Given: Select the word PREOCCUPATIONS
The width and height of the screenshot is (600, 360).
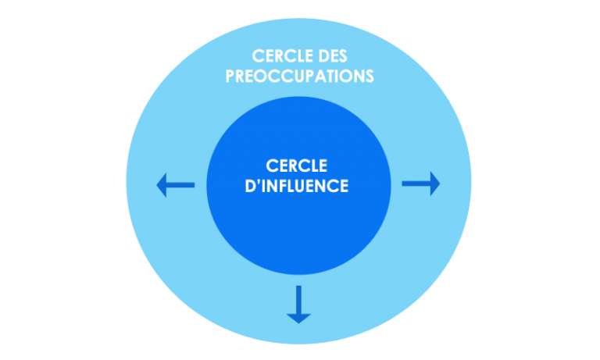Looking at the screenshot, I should click(x=299, y=77).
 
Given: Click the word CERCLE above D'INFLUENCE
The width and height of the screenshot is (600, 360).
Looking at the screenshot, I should click(x=298, y=166).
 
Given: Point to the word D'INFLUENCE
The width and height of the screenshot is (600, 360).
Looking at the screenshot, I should click(x=298, y=187).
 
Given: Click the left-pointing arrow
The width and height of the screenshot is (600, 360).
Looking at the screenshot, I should click(x=175, y=185).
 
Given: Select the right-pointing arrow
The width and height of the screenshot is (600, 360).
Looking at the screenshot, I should click(x=421, y=184).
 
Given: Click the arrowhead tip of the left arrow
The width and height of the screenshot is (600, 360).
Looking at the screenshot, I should click(x=159, y=185).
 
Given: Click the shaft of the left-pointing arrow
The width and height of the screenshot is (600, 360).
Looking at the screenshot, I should click(x=182, y=185).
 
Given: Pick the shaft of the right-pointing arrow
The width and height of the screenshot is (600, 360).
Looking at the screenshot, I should click(x=414, y=184).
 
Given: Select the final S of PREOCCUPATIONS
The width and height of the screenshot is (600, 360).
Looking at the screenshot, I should click(x=369, y=77).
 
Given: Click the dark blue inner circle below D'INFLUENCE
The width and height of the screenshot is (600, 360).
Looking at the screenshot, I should click(x=298, y=234).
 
